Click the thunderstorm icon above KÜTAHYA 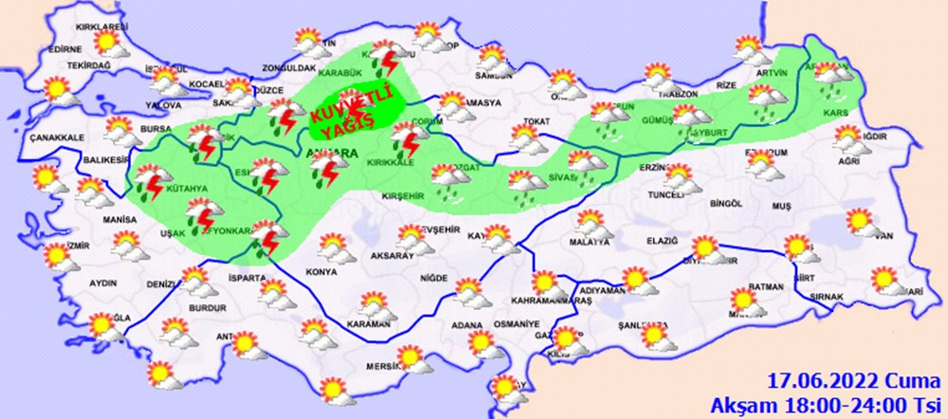coord(150,179)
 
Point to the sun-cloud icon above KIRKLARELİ coord(115,44)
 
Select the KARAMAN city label coord(369,324)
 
